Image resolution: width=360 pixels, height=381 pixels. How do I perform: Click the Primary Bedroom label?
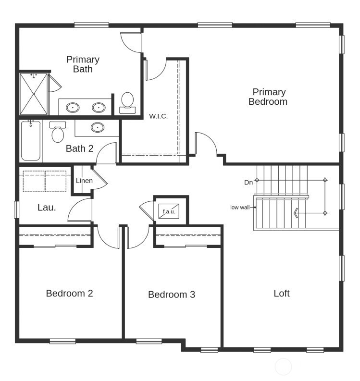pyautogui.click(x=268, y=97)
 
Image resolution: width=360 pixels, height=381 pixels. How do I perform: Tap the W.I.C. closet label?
pyautogui.click(x=158, y=116)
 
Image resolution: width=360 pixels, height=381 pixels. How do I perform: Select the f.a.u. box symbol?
pyautogui.click(x=169, y=211)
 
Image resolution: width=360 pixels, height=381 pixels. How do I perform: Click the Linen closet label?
pyautogui.click(x=84, y=181)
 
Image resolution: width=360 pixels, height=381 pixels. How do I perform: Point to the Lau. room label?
pyautogui.click(x=47, y=208)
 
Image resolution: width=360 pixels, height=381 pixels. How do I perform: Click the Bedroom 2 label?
pyautogui.click(x=69, y=293)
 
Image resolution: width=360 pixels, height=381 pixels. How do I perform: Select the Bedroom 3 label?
pyautogui.click(x=172, y=295)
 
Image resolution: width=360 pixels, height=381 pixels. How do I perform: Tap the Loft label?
pyautogui.click(x=281, y=293)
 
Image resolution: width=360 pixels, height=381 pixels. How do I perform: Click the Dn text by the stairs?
pyautogui.click(x=248, y=182)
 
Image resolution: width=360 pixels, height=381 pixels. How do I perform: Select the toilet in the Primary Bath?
pyautogui.click(x=127, y=102)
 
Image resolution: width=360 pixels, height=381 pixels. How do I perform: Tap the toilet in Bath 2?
pyautogui.click(x=58, y=132)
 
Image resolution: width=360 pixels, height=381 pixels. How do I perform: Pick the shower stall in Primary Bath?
pyautogui.click(x=34, y=94)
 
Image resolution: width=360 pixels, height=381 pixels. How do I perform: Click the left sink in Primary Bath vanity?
pyautogui.click(x=73, y=107)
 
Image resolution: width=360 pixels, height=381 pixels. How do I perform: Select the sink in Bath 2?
pyautogui.click(x=98, y=128)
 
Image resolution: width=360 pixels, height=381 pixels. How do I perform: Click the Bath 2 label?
pyautogui.click(x=79, y=148)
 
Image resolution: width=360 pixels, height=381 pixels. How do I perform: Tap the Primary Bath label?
pyautogui.click(x=83, y=64)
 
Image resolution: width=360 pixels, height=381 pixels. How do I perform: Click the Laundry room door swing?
pyautogui.click(x=80, y=210)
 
